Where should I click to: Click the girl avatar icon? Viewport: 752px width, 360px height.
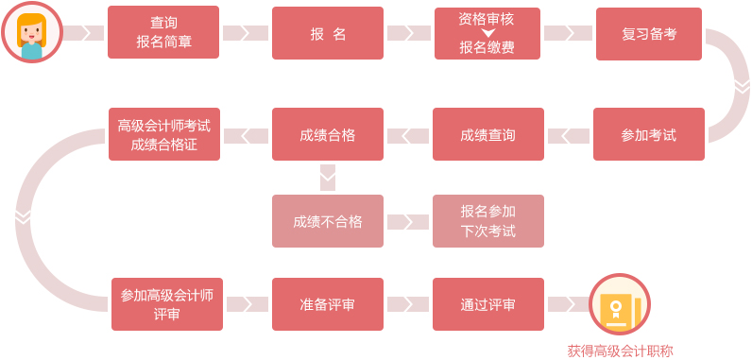tap(31, 33)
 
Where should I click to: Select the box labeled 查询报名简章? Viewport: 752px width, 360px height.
tap(163, 33)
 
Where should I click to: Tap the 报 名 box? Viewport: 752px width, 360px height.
tap(328, 33)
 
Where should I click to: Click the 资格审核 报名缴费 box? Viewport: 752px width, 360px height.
tap(487, 33)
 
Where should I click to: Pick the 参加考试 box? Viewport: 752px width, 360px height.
tap(649, 134)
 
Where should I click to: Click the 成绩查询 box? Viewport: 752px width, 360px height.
tap(488, 134)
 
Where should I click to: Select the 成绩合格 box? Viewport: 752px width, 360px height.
tap(328, 134)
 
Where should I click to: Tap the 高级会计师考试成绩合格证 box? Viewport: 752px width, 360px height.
tap(164, 134)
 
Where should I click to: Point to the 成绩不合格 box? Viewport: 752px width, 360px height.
tap(328, 221)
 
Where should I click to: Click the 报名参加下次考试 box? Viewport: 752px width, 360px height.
tap(488, 221)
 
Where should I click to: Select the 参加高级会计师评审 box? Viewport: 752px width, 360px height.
tap(167, 304)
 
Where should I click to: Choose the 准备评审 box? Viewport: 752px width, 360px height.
tap(328, 304)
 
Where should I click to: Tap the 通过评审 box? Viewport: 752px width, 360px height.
tap(488, 304)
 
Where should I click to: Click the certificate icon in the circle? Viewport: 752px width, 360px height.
tap(620, 304)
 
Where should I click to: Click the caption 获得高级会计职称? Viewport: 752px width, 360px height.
tap(620, 350)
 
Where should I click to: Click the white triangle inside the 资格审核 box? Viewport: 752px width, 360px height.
tap(487, 33)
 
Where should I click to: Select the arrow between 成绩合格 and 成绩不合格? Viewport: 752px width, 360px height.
tap(328, 177)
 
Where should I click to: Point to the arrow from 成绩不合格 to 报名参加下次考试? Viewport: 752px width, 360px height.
tap(407, 222)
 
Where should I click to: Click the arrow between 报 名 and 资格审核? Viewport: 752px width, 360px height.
tap(408, 33)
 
